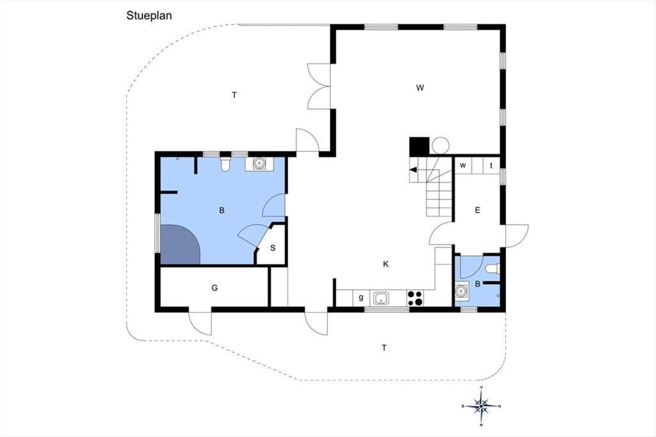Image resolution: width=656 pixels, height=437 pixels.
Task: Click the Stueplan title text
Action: tap(149, 16)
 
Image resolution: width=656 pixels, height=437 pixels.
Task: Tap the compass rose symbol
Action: tap(481, 406)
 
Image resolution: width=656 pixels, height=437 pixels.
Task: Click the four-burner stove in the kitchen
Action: tap(415, 298)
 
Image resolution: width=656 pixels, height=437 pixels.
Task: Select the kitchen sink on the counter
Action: tap(381, 298)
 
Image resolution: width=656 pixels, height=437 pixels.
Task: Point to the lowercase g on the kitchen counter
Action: tap(361, 297)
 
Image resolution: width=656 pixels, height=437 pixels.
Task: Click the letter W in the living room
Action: tap(420, 87)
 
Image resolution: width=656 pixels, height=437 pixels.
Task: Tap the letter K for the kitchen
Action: tap(386, 264)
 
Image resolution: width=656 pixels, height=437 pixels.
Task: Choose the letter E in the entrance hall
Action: tap(477, 210)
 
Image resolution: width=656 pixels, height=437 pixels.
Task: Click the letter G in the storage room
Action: tap(214, 288)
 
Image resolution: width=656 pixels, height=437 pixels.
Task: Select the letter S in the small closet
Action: tap(273, 248)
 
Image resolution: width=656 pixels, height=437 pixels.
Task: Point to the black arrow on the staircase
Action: tap(413, 170)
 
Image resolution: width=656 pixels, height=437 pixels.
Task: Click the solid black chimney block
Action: tap(419, 146)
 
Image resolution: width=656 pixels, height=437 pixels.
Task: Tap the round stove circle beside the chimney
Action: tap(441, 145)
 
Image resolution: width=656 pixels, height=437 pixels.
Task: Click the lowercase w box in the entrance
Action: tap(463, 166)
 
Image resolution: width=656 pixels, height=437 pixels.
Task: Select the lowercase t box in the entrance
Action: tap(491, 166)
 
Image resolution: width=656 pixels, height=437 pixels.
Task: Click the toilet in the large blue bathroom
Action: tap(225, 164)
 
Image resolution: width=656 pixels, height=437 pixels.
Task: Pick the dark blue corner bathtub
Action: tap(180, 244)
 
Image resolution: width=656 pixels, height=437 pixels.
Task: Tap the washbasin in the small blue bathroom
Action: tap(461, 291)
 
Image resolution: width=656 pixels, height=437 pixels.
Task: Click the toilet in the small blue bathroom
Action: tap(493, 269)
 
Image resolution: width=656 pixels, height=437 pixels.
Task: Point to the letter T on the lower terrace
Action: tap(384, 348)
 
